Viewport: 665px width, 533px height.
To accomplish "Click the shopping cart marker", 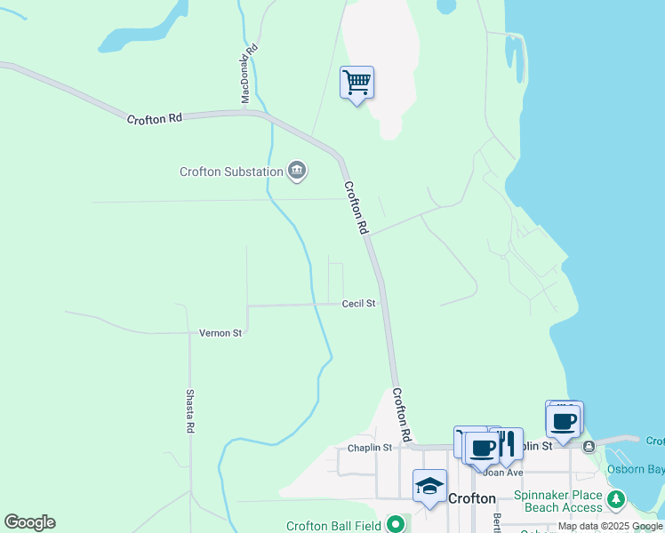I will click(x=357, y=83).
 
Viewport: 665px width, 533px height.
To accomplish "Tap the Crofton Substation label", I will click(x=231, y=171).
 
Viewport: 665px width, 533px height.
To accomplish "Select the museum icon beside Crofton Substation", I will click(x=297, y=171).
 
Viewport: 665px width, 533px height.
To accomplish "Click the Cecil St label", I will click(x=358, y=304).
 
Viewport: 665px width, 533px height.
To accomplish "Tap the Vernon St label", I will click(x=220, y=333).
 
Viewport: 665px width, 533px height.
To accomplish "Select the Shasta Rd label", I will click(x=190, y=410).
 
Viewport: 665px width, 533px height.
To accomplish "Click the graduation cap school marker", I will click(x=429, y=486).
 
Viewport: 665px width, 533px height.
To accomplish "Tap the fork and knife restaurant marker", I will click(x=506, y=443).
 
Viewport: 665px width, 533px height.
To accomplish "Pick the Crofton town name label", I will click(x=471, y=499).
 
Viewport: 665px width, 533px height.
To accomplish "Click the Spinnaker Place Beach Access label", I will click(x=557, y=501).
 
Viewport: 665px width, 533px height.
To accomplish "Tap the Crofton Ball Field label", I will click(x=333, y=526).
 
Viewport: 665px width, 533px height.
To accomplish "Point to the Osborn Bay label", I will click(x=634, y=469).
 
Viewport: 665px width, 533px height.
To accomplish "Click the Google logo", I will click(x=29, y=522).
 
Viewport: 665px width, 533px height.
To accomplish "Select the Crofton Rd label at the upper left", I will click(x=154, y=118).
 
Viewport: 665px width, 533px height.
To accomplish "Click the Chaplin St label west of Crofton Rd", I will click(x=370, y=448).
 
